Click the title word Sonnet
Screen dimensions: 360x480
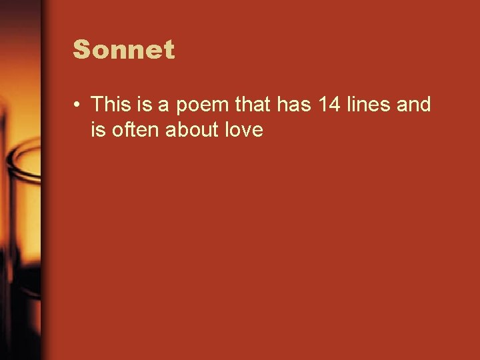tap(124, 50)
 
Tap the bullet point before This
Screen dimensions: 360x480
tap(78, 105)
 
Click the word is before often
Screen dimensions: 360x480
tap(99, 130)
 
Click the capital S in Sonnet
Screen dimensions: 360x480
tap(81, 50)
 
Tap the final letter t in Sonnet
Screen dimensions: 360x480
tap(169, 50)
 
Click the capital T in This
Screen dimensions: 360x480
tap(97, 105)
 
